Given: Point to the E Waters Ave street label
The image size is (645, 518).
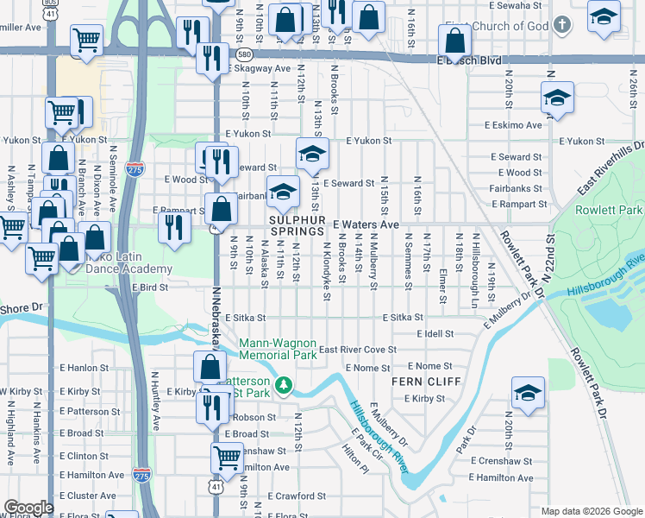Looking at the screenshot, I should (x=366, y=224).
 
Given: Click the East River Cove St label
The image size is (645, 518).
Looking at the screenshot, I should (x=357, y=350).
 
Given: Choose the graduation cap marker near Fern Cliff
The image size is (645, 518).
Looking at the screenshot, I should (x=528, y=393).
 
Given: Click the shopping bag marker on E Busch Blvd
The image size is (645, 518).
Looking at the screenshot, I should (x=454, y=40).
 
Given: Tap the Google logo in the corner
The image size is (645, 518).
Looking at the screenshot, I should (x=28, y=508).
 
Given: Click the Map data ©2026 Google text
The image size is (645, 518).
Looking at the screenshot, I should (x=591, y=511).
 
